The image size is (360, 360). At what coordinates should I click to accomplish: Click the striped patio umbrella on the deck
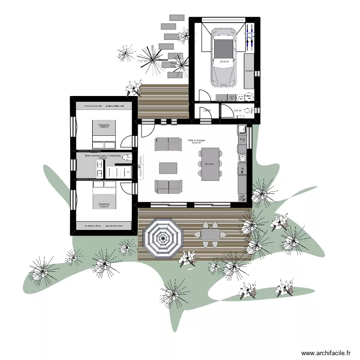(163, 237)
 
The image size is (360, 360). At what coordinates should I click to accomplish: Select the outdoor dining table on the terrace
(210, 234)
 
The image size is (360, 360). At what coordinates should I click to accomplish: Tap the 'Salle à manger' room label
(196, 140)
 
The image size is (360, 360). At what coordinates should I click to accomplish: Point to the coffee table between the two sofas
(168, 168)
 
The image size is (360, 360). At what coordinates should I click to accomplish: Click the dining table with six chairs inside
(210, 164)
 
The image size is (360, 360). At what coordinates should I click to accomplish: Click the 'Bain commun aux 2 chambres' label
(102, 156)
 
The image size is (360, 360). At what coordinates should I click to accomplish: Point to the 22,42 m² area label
(224, 61)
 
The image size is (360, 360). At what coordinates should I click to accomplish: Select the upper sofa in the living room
(168, 143)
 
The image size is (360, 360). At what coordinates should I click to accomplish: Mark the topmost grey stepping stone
(177, 17)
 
